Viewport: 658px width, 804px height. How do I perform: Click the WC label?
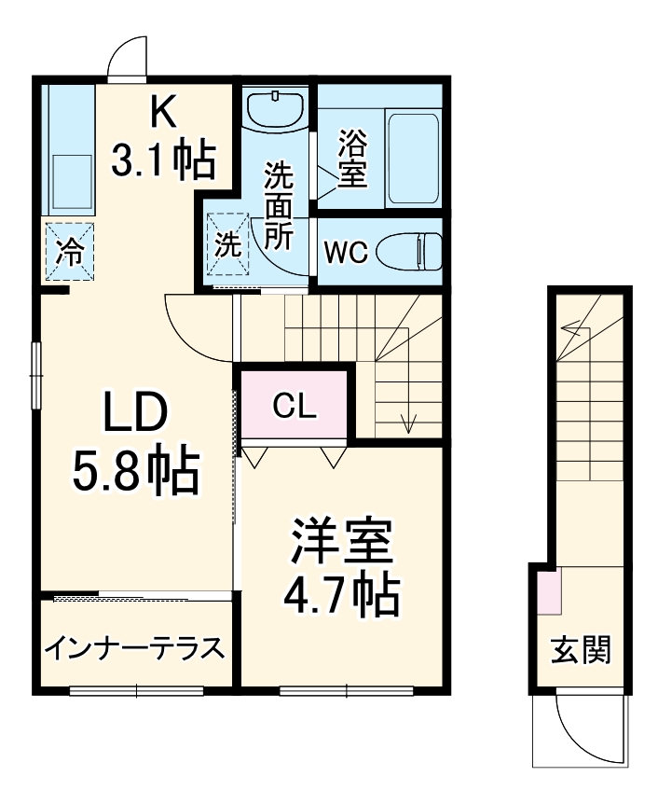346,251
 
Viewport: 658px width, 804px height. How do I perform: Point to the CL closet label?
295,406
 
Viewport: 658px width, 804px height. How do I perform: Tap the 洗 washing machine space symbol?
227,244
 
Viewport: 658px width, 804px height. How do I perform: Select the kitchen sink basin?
70,181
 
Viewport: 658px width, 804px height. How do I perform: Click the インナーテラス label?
135,647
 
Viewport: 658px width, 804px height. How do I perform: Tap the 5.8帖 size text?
136,472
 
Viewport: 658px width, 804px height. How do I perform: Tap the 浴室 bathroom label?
351,159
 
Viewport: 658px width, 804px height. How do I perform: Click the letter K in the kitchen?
164,112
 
